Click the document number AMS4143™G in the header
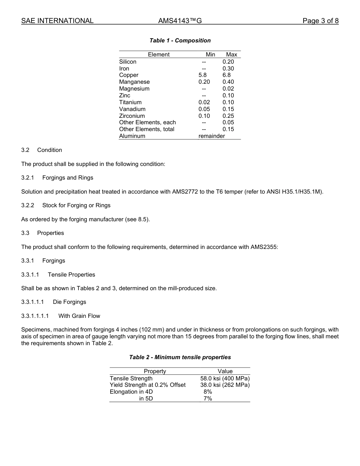pos(180,21)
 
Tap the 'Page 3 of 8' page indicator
pos(320,21)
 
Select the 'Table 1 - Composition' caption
pos(180,41)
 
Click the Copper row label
pos(129,75)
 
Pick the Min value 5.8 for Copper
pos(203,75)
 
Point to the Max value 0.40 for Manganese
pos(228,82)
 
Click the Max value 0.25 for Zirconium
pos(228,116)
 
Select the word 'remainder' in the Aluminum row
pos(211,136)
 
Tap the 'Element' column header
pos(159,55)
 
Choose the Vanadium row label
pos(132,109)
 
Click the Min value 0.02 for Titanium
pos(204,102)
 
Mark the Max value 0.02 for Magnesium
pos(228,89)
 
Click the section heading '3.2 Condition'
pos(42,150)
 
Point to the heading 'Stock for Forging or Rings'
pos(76,205)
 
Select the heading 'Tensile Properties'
pos(71,275)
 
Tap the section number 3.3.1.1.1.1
pos(35,316)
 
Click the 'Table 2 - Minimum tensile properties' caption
pos(180,357)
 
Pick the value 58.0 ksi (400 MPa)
pos(225,378)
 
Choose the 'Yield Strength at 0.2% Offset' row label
pos(148,385)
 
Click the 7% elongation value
pos(208,399)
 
